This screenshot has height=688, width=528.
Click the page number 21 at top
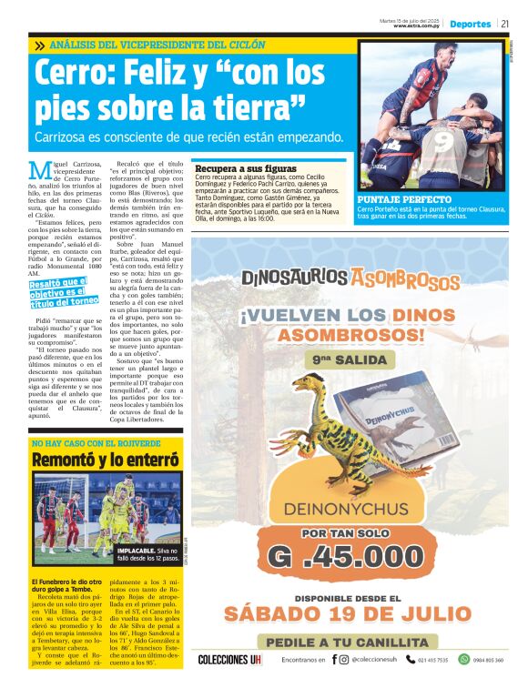(x=504, y=25)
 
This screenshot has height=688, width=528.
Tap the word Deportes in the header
(x=470, y=25)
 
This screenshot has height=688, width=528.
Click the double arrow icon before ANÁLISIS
(x=40, y=45)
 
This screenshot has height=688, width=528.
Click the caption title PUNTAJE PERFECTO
(x=403, y=199)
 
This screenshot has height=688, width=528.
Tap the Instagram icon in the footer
(x=344, y=660)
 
